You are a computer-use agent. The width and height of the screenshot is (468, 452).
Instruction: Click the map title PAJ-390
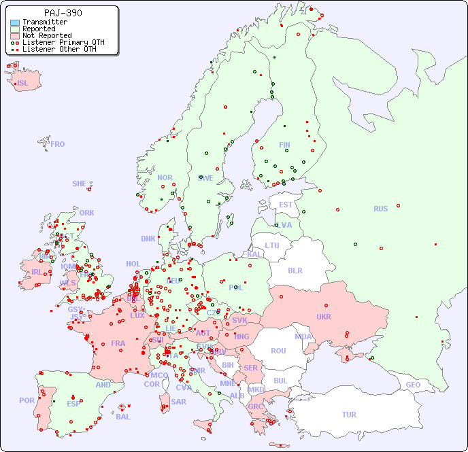(x=63, y=13)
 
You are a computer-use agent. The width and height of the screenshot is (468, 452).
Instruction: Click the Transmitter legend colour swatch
(x=15, y=22)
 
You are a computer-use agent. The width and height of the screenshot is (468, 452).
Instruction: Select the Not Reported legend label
(x=46, y=35)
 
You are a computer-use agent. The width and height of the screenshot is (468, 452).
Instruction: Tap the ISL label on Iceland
(x=23, y=84)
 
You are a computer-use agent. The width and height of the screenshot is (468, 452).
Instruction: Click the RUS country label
(x=380, y=209)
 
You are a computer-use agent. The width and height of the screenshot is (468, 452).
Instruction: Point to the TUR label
(x=349, y=415)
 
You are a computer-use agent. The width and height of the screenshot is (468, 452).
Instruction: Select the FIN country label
(x=284, y=145)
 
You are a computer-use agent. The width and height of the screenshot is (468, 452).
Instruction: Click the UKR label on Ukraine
(x=323, y=317)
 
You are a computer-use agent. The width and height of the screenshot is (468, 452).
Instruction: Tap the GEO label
(x=413, y=385)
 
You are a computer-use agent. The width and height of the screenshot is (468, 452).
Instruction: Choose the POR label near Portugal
(x=27, y=400)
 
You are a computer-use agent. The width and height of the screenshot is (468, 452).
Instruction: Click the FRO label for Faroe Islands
(x=58, y=144)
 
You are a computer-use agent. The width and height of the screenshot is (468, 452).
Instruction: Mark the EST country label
(x=286, y=205)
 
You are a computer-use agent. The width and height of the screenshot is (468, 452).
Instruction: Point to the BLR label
(x=295, y=270)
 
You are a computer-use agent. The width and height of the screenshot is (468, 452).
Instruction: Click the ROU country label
(x=278, y=351)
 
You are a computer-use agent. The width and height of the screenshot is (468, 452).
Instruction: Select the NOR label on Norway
(x=165, y=177)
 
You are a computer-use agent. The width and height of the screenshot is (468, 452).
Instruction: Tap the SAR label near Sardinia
(x=178, y=402)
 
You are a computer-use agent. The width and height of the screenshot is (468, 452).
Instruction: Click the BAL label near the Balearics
(x=122, y=417)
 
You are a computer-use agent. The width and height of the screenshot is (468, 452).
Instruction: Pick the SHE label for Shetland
(x=80, y=184)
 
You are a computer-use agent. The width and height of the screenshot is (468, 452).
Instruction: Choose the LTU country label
(x=272, y=245)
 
